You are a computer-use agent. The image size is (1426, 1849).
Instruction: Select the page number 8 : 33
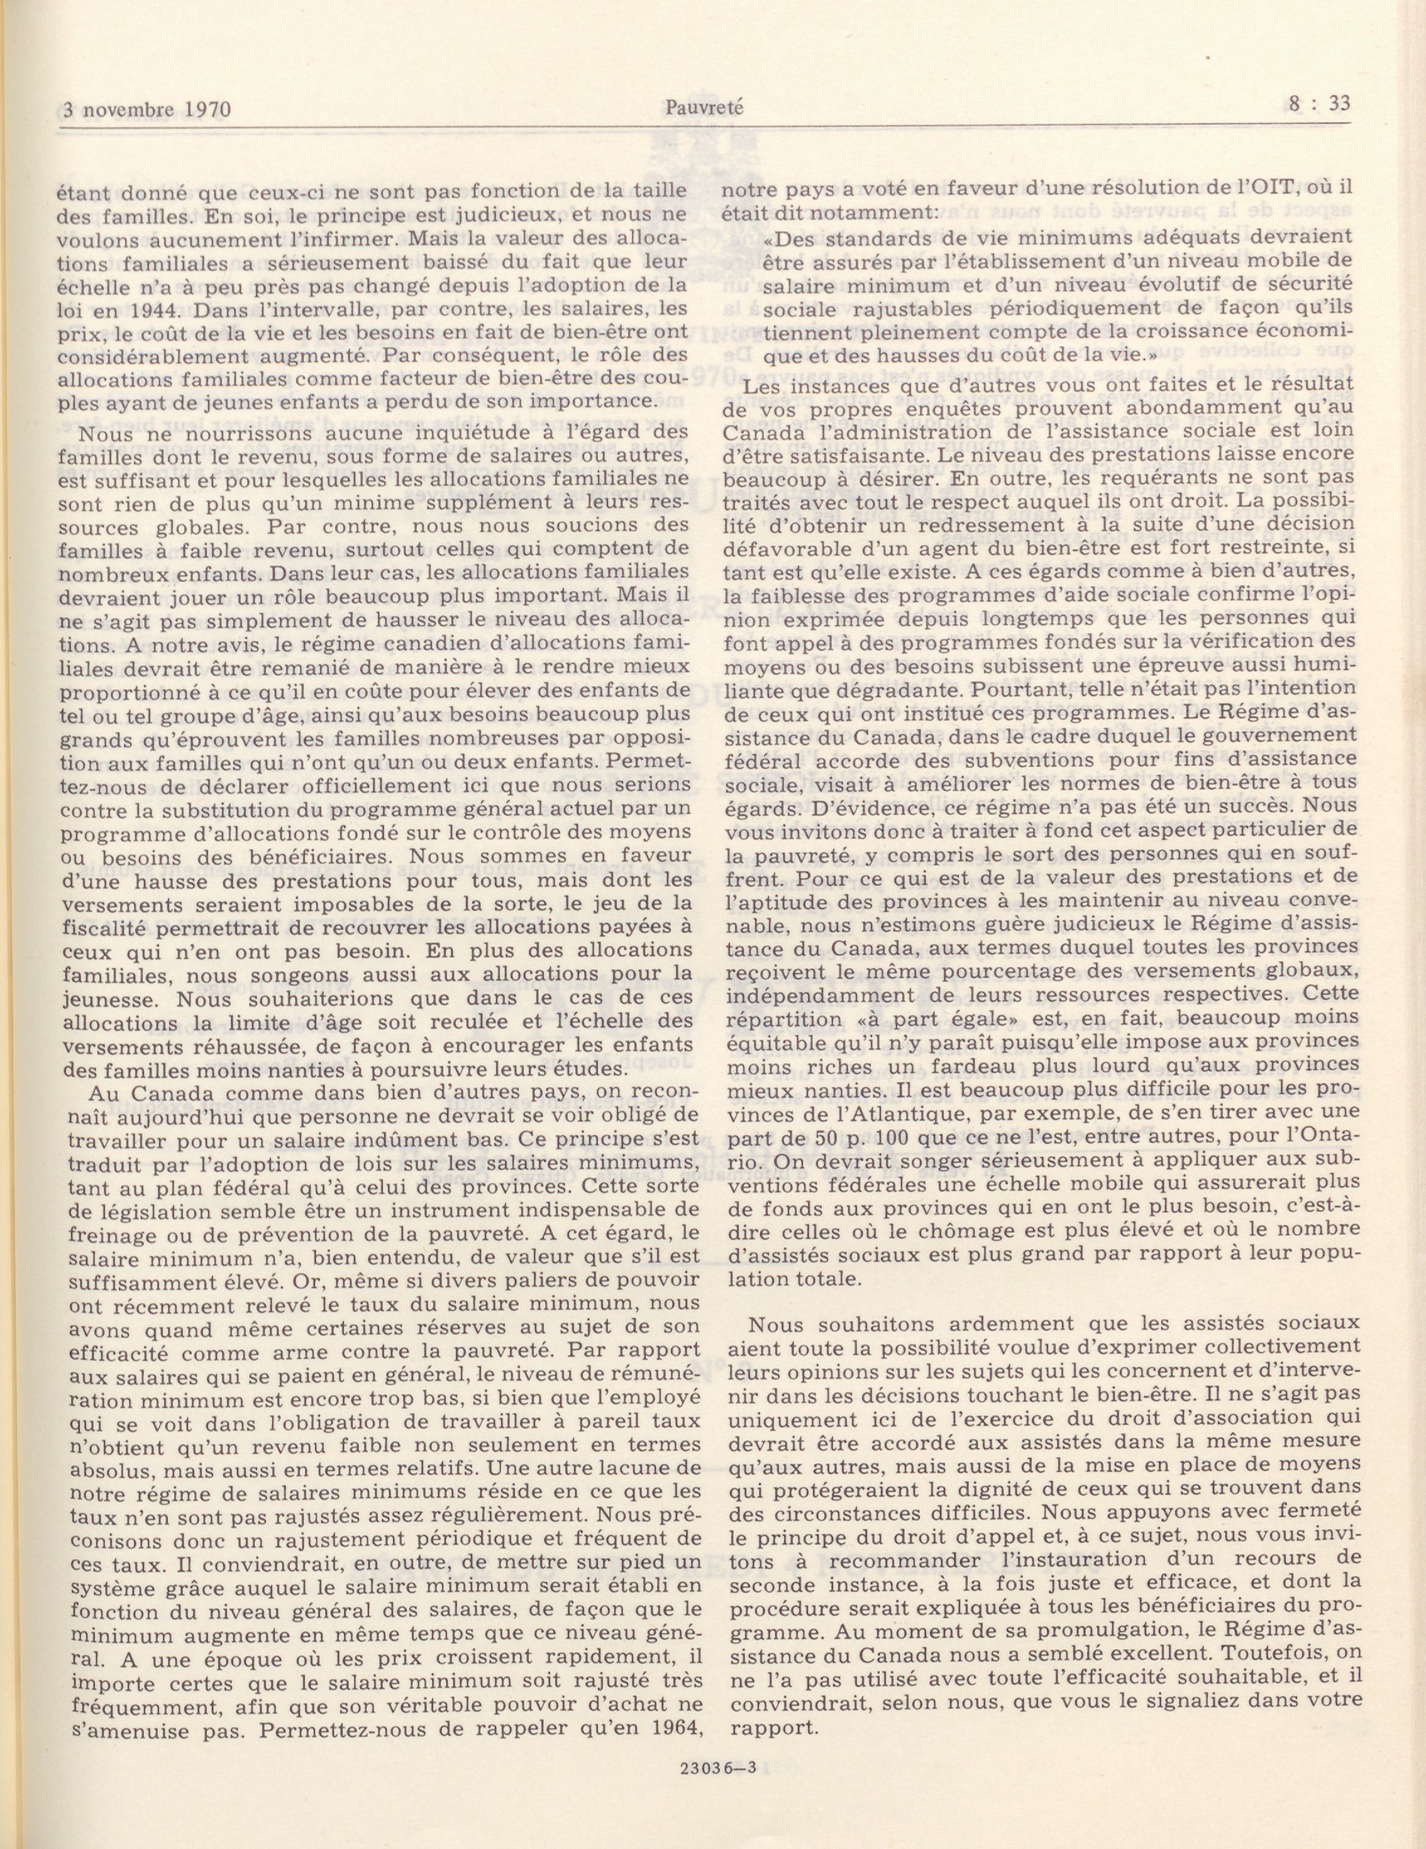pyautogui.click(x=1315, y=104)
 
